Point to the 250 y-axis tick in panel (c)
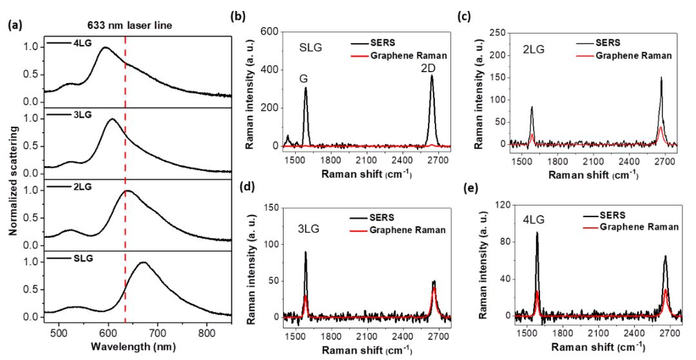pyautogui.click(x=494, y=32)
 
